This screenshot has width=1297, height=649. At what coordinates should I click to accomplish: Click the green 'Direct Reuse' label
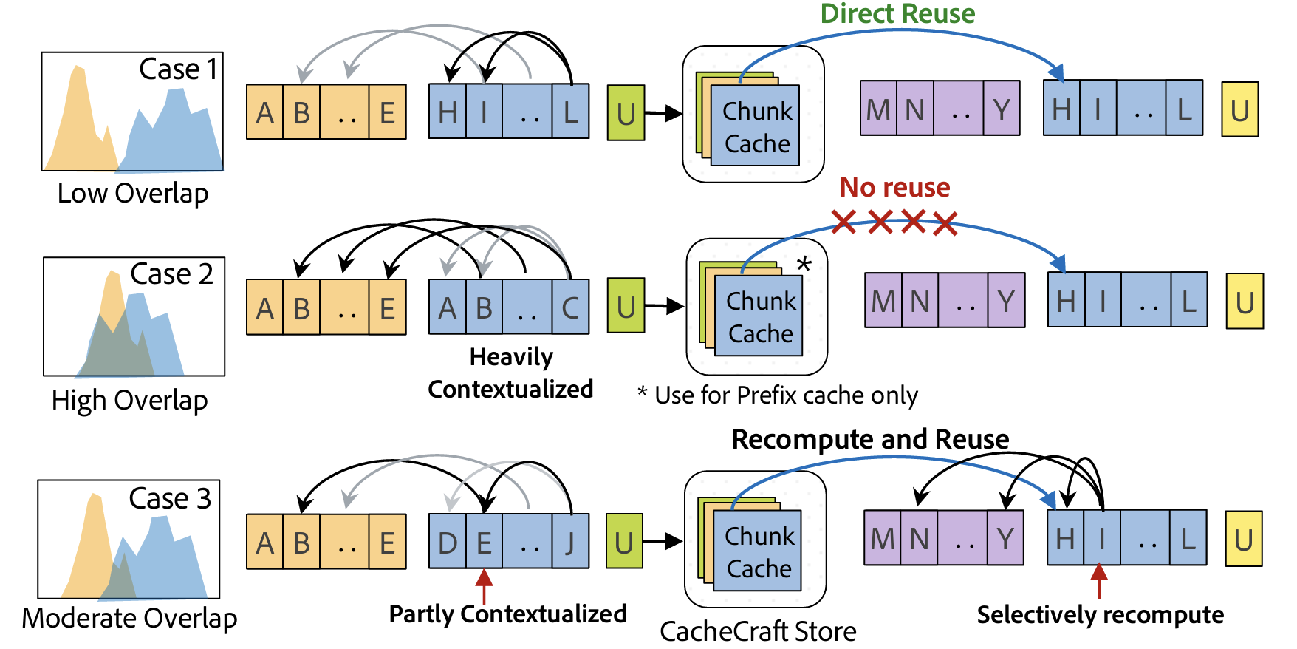[x=897, y=14]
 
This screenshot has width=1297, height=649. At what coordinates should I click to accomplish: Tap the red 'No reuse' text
[x=894, y=188]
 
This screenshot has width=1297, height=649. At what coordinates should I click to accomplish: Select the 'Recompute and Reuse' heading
[x=870, y=439]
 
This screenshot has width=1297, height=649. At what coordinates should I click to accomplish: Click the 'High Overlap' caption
[x=129, y=401]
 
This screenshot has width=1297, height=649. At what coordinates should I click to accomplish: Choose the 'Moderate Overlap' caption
[x=129, y=618]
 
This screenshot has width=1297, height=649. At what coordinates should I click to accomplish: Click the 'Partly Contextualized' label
[x=507, y=614]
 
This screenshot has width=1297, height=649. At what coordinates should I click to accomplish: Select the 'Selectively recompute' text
[x=1100, y=615]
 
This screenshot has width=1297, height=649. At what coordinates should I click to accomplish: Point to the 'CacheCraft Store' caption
[x=758, y=632]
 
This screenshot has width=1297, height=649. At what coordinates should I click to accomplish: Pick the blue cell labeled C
[x=570, y=307]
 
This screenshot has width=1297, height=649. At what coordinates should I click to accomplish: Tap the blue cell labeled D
[x=448, y=543]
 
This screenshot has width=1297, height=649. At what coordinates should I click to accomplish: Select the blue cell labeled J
[x=570, y=543]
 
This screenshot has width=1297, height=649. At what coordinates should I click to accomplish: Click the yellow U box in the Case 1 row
[x=1240, y=110]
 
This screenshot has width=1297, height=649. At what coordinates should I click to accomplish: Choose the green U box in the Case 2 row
[x=626, y=306]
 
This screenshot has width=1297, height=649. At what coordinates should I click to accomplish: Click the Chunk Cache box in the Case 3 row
[x=758, y=551]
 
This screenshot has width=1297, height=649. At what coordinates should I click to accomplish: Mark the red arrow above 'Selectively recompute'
[x=1099, y=580]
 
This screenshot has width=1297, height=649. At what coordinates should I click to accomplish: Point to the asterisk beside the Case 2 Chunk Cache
[x=804, y=264]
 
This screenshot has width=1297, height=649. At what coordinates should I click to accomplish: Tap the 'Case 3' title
[x=170, y=499]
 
